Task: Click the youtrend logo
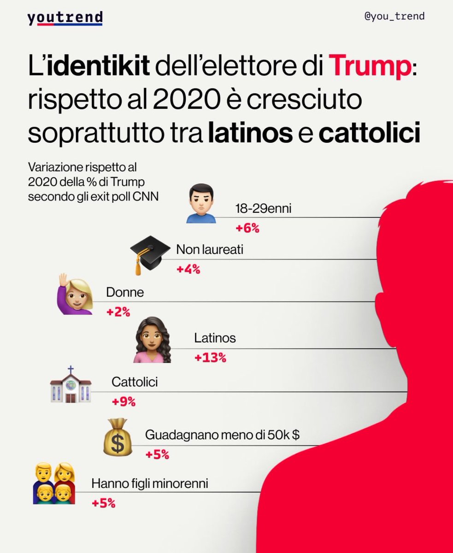tap(65, 18)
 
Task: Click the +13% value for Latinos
tap(210, 357)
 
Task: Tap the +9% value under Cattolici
tap(124, 401)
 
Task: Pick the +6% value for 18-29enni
tap(247, 228)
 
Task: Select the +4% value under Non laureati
tap(188, 270)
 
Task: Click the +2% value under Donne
tap(118, 312)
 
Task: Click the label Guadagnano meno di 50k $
tap(222, 435)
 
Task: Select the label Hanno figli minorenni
tap(150, 484)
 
